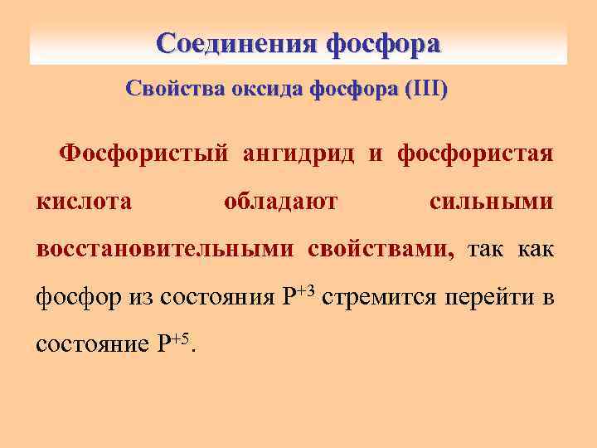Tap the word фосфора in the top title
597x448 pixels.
(x=384, y=43)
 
